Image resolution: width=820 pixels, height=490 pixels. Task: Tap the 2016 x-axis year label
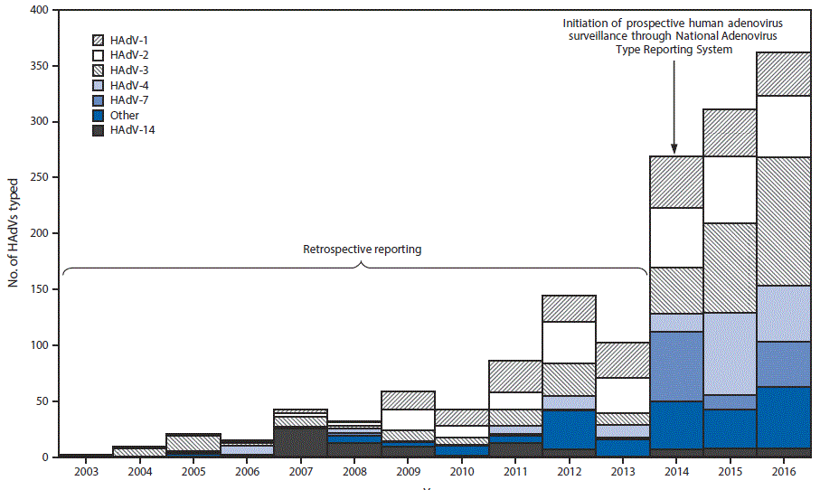pos(784,472)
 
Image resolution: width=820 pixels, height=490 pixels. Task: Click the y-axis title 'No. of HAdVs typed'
pos(14,232)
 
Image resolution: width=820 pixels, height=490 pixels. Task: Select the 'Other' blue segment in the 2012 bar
pos(568,429)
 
